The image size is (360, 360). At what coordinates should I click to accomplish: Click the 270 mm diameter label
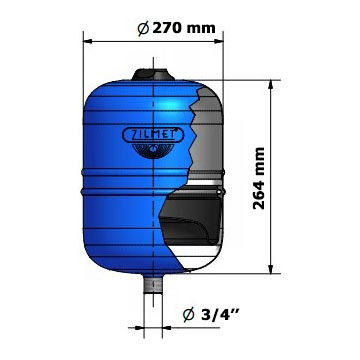(x=177, y=28)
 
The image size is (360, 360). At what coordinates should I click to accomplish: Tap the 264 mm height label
(x=259, y=178)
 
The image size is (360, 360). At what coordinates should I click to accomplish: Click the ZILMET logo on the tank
(x=154, y=136)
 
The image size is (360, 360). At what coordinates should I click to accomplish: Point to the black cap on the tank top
(x=153, y=74)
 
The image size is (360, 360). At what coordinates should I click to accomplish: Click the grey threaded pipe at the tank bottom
(x=153, y=283)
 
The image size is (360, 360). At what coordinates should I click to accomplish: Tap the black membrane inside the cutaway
(x=190, y=220)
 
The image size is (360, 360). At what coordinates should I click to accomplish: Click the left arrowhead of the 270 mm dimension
(x=87, y=41)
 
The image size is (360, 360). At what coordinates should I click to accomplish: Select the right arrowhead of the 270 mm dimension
(x=219, y=41)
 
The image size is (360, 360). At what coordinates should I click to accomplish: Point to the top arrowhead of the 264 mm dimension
(x=271, y=84)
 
